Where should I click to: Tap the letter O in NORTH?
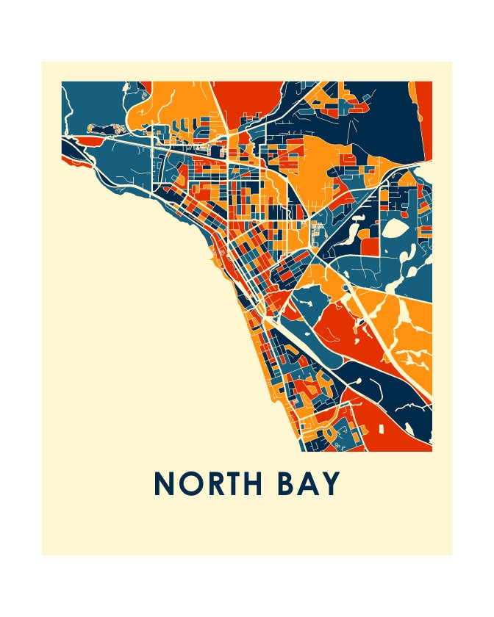[192, 483]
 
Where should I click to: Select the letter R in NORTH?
[217, 483]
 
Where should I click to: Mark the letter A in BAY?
[311, 483]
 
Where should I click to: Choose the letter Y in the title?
[332, 483]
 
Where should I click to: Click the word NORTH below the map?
[213, 483]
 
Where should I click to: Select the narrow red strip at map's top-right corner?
[425, 118]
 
